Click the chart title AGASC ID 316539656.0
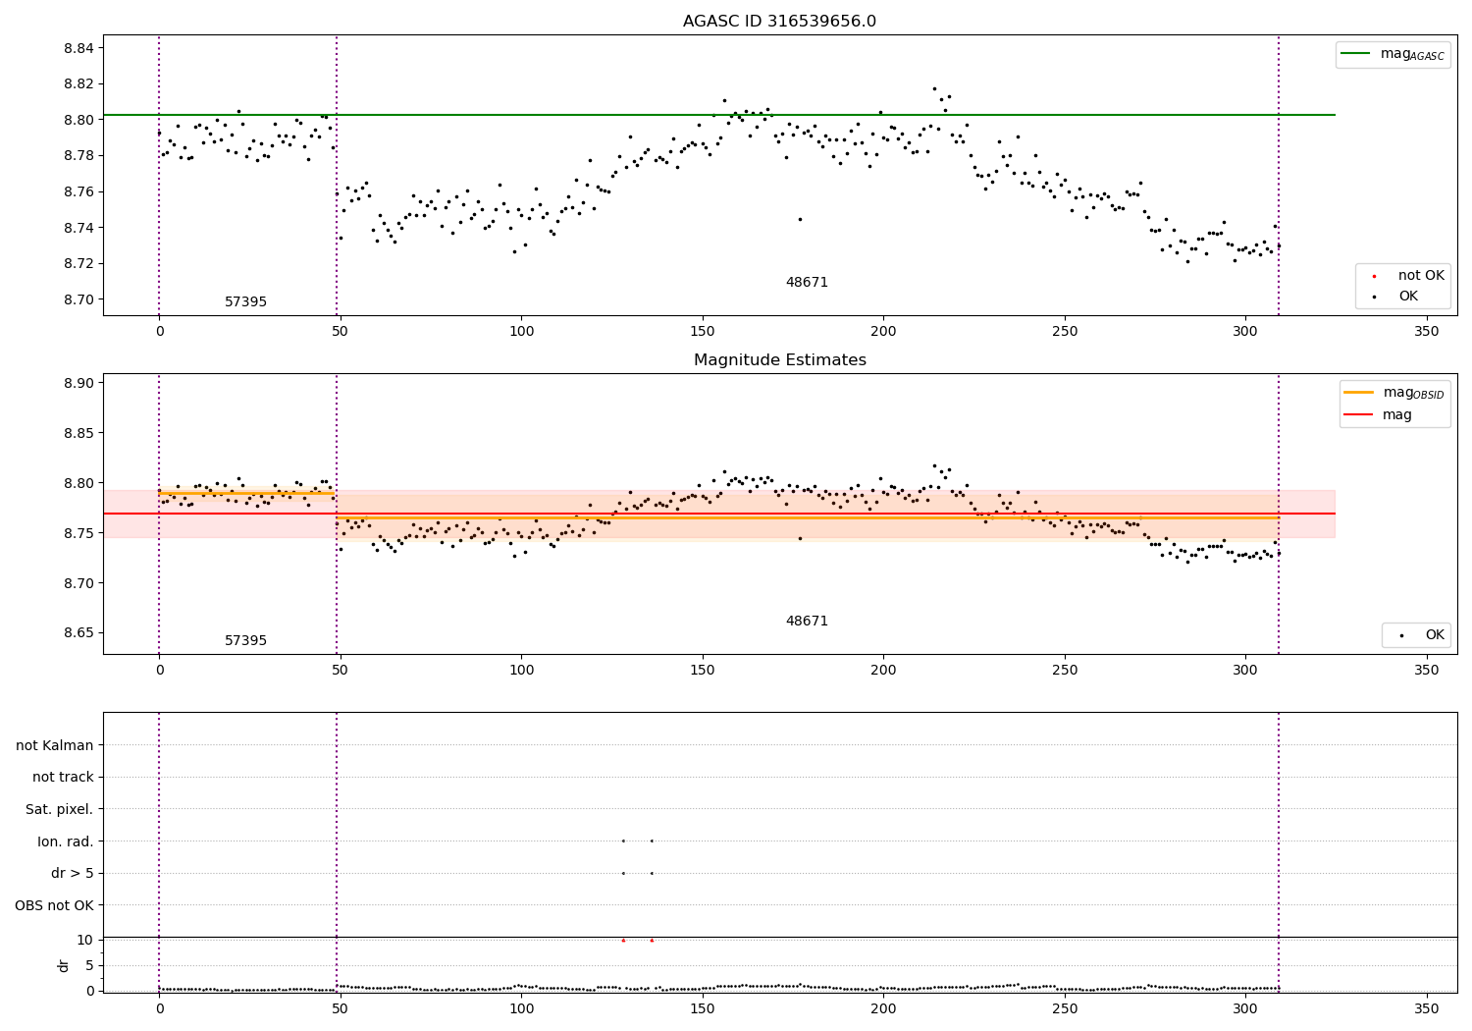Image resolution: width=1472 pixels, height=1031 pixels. (779, 21)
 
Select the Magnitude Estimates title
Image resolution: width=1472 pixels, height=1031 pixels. (780, 359)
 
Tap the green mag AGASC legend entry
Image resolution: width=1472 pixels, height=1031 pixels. (1393, 54)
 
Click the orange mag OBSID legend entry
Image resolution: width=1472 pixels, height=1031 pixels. (1393, 393)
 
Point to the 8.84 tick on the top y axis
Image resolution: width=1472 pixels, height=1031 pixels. (79, 48)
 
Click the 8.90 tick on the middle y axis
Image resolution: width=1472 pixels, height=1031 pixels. (79, 383)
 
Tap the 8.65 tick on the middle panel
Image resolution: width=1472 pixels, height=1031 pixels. (79, 633)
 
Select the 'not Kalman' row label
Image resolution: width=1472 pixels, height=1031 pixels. (55, 745)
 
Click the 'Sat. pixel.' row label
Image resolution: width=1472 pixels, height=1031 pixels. (59, 809)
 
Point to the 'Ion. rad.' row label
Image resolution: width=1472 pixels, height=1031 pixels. (65, 841)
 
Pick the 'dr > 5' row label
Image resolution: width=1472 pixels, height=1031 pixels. (73, 873)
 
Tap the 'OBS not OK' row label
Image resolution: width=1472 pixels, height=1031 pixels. (54, 905)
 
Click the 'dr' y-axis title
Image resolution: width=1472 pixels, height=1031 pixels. (63, 965)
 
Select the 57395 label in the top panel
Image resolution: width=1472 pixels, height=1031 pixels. (245, 301)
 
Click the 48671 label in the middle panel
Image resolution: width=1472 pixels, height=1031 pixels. (807, 621)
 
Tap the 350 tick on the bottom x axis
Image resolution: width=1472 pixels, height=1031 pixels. (1427, 1008)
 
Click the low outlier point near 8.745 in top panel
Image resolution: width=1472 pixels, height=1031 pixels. (800, 219)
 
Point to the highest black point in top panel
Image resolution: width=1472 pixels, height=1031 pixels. (934, 88)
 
